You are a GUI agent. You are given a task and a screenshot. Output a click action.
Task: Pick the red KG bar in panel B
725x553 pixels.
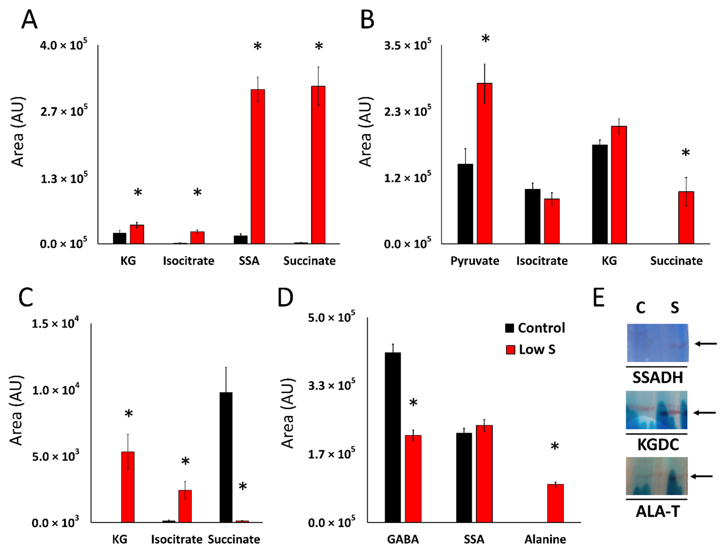coord(619,185)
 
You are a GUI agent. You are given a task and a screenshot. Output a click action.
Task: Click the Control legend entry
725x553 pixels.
coord(535,328)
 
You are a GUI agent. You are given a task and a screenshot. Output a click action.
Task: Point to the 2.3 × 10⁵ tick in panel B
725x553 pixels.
coord(407,111)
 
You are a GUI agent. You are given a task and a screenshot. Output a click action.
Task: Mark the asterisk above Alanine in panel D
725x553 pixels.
coord(554,447)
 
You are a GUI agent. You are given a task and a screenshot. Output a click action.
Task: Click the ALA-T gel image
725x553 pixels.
coord(657,476)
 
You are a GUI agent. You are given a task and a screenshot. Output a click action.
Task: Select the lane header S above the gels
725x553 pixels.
coord(674,308)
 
